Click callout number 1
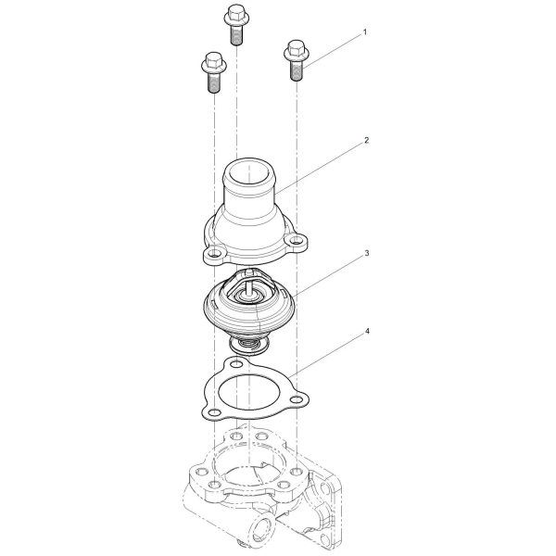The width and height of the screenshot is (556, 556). pos(365,32)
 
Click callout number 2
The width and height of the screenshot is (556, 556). pos(367,141)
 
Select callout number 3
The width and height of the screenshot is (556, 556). pos(367,253)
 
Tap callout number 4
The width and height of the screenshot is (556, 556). pos(367,331)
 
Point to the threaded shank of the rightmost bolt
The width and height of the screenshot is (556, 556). pos(297,71)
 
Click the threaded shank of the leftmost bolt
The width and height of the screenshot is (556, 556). pos(214,83)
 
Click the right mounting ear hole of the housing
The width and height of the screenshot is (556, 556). pos(295,242)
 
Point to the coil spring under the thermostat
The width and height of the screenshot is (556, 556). pos(248,345)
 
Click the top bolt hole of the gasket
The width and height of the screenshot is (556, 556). pos(237,364)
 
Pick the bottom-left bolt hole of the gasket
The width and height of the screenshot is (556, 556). pos(214,412)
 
